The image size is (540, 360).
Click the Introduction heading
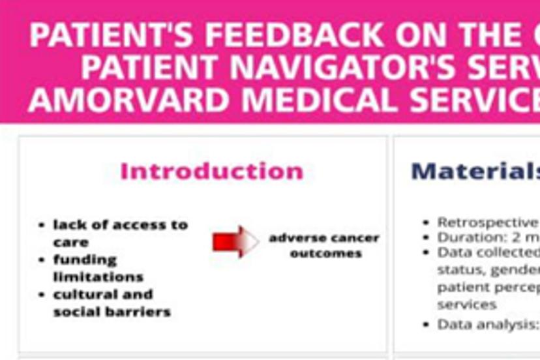(x=212, y=172)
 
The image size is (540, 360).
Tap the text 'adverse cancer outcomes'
(x=324, y=245)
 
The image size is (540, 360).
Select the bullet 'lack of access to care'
(x=120, y=233)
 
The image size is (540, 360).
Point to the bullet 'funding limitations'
(x=98, y=268)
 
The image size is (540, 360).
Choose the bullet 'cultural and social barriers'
(x=112, y=303)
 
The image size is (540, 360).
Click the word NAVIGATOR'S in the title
(x=366, y=67)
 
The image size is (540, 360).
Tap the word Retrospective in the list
(x=488, y=222)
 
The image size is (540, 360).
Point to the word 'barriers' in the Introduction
(x=140, y=312)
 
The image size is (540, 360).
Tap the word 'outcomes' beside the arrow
(x=325, y=253)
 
